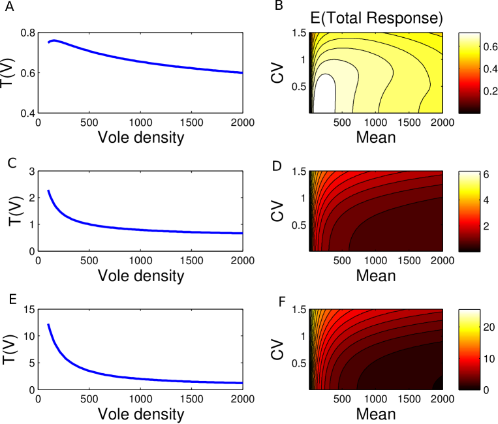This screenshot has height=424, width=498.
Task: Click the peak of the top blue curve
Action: tap(55, 40)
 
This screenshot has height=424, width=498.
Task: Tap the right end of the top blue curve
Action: tap(242, 72)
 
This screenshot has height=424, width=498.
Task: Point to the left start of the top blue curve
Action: tap(48, 42)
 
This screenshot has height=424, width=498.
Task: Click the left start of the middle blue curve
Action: tap(48, 190)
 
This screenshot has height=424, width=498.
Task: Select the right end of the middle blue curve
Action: tap(242, 233)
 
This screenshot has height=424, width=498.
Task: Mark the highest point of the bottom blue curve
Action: tap(48, 324)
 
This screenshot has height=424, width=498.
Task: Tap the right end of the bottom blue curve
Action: tap(242, 383)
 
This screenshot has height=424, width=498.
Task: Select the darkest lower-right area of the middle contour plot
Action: tap(411, 235)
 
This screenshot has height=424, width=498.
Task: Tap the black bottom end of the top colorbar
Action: tap(469, 110)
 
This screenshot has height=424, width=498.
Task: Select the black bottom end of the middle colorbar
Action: tap(469, 248)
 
